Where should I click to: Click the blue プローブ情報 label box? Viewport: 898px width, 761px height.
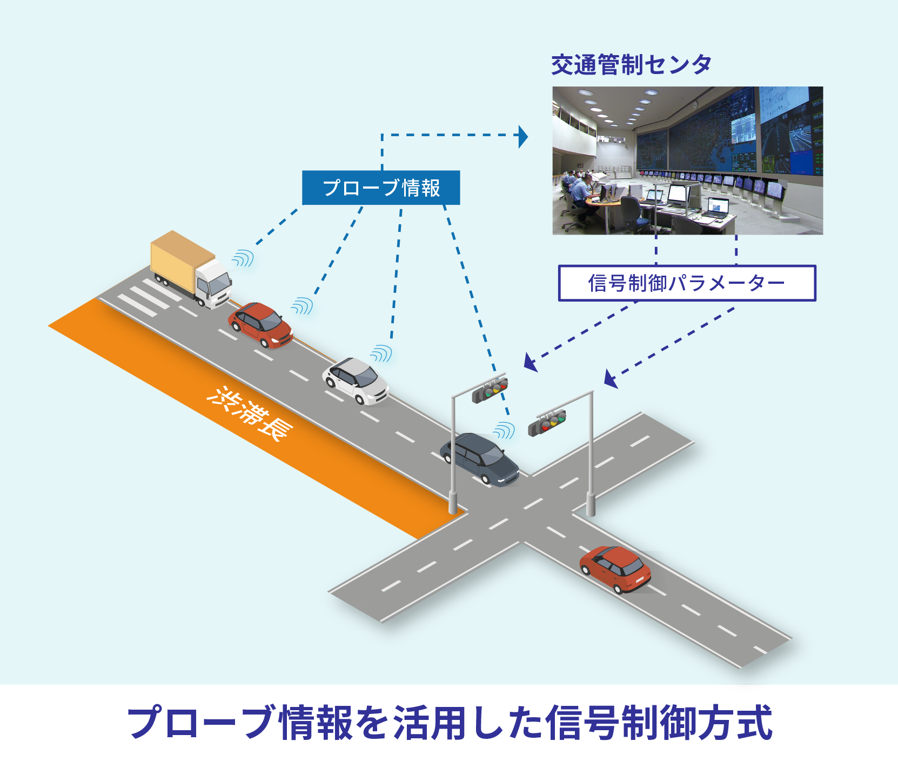click(x=381, y=188)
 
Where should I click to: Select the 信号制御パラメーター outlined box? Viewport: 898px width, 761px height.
click(x=687, y=283)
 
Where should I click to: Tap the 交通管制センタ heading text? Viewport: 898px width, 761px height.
click(x=631, y=65)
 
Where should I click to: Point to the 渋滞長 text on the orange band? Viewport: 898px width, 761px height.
click(x=250, y=413)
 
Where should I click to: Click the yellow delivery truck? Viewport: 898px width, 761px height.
click(x=191, y=269)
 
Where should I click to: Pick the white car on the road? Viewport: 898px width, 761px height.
click(x=355, y=380)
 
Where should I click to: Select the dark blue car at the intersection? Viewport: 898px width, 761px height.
click(x=479, y=459)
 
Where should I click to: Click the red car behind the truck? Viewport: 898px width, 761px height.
click(x=260, y=325)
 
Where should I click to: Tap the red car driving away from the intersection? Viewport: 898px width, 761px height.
click(x=615, y=569)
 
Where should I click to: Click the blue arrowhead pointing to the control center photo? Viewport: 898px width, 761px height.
click(x=523, y=136)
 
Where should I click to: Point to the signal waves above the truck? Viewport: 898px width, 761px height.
click(x=243, y=258)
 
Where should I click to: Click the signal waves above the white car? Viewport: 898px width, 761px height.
click(x=381, y=353)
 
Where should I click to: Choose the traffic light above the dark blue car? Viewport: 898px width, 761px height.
click(x=490, y=390)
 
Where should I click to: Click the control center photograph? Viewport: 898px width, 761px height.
click(x=687, y=161)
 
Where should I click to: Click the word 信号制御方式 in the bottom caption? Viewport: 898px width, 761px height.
click(x=660, y=723)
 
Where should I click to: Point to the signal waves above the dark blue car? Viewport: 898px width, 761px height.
click(x=504, y=430)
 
